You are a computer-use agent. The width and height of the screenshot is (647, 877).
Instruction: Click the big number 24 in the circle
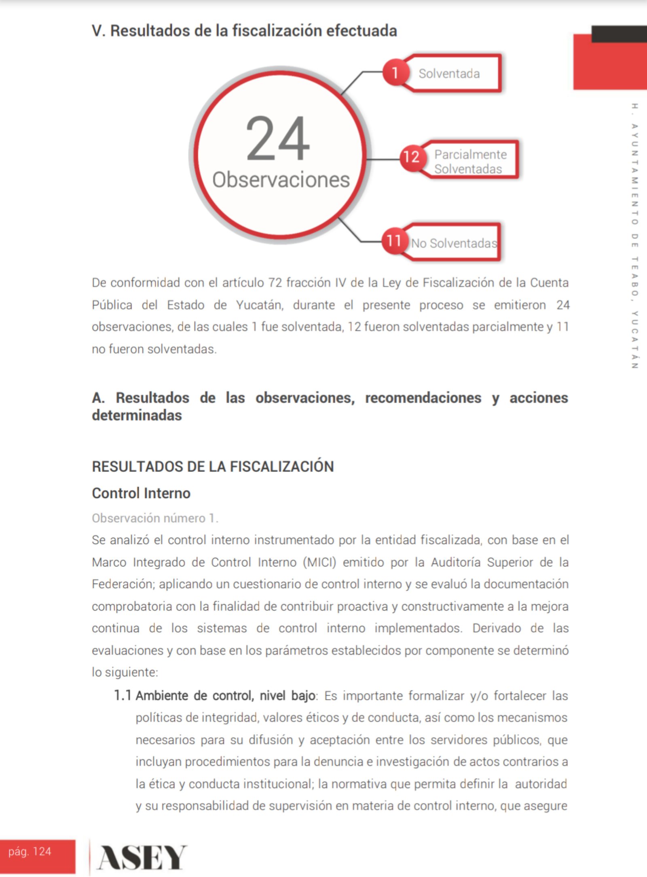click(278, 138)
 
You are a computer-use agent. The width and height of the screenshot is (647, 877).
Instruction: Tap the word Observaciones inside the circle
click(281, 180)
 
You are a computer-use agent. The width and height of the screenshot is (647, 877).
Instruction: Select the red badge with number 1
click(395, 73)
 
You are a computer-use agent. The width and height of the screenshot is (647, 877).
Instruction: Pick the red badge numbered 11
click(393, 241)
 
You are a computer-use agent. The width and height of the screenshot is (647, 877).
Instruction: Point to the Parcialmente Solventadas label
click(470, 161)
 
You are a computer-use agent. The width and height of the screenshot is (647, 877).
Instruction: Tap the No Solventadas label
click(454, 243)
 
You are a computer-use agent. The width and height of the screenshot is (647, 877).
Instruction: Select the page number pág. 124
click(30, 852)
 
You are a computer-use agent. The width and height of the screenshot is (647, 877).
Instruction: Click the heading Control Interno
click(141, 493)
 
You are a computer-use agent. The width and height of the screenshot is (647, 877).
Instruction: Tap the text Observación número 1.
click(155, 518)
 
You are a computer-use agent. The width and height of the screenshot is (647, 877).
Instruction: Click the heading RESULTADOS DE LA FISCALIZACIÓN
click(213, 467)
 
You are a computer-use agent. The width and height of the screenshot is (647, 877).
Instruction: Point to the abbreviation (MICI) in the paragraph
click(319, 562)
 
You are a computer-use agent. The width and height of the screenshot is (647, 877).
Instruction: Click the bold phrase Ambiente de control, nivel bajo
click(225, 695)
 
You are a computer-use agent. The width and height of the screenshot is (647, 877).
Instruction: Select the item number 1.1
click(122, 695)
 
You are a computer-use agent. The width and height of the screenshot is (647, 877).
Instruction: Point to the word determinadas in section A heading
click(137, 415)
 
